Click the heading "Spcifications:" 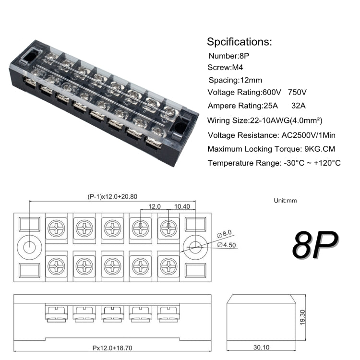tap(239, 41)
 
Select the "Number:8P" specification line tap(229, 56)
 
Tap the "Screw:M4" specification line tap(227, 68)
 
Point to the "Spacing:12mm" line tap(235, 80)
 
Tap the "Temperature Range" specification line tap(274, 163)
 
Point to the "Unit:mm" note tap(286, 200)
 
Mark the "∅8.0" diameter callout tap(224, 234)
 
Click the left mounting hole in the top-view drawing tap(29, 247)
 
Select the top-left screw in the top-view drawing tap(57, 226)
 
